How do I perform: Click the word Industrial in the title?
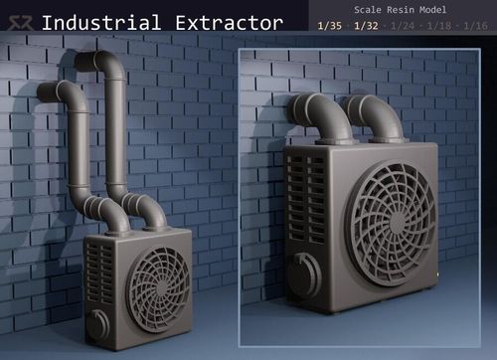click(x=101, y=23)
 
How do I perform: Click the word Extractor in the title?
click(x=229, y=23)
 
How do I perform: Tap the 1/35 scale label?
click(x=330, y=26)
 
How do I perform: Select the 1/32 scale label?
click(x=366, y=26)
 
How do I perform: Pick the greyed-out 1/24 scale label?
click(x=403, y=26)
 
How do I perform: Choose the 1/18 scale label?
click(x=439, y=26)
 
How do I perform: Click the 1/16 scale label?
click(x=475, y=26)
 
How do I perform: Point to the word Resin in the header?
click(x=401, y=10)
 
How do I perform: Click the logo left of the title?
click(x=21, y=23)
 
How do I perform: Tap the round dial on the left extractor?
click(x=98, y=325)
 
